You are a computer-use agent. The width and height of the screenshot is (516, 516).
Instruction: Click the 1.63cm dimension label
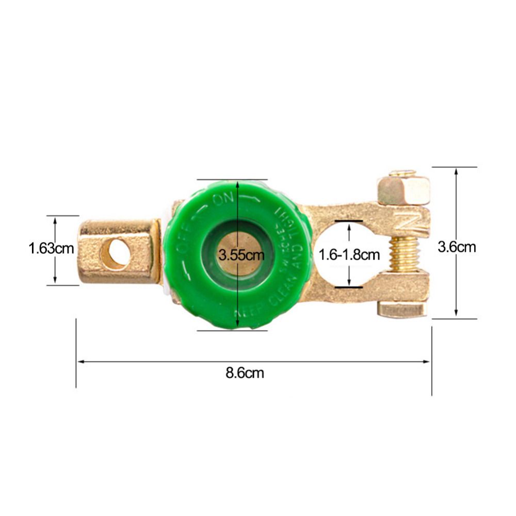click(51, 249)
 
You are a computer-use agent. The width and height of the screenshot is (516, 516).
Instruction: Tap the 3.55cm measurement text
click(241, 255)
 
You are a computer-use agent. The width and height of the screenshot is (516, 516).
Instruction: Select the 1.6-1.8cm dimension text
click(349, 255)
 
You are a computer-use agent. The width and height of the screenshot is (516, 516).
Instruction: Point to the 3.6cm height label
click(456, 247)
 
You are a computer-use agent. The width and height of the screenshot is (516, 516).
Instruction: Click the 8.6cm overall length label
click(245, 373)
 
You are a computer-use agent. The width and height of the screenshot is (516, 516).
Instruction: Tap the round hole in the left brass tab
click(115, 253)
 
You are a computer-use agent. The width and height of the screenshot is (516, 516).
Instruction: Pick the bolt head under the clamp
click(402, 309)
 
